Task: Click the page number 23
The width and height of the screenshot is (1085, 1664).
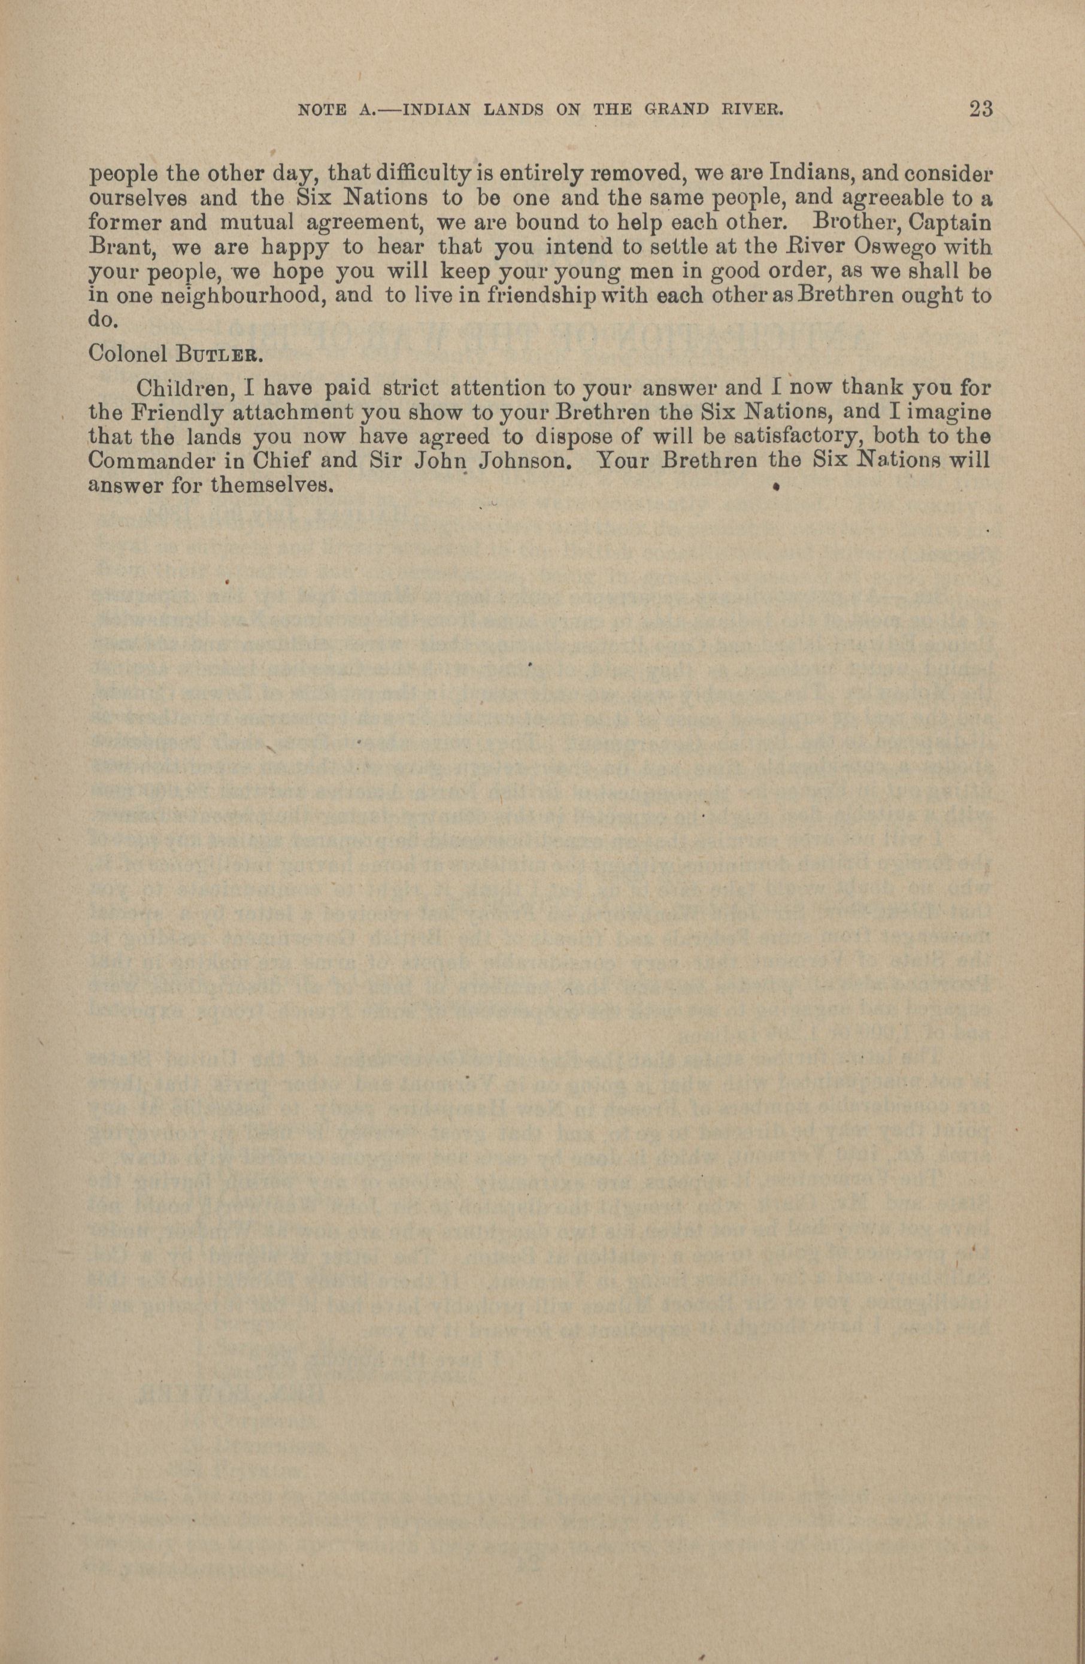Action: pos(981,109)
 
